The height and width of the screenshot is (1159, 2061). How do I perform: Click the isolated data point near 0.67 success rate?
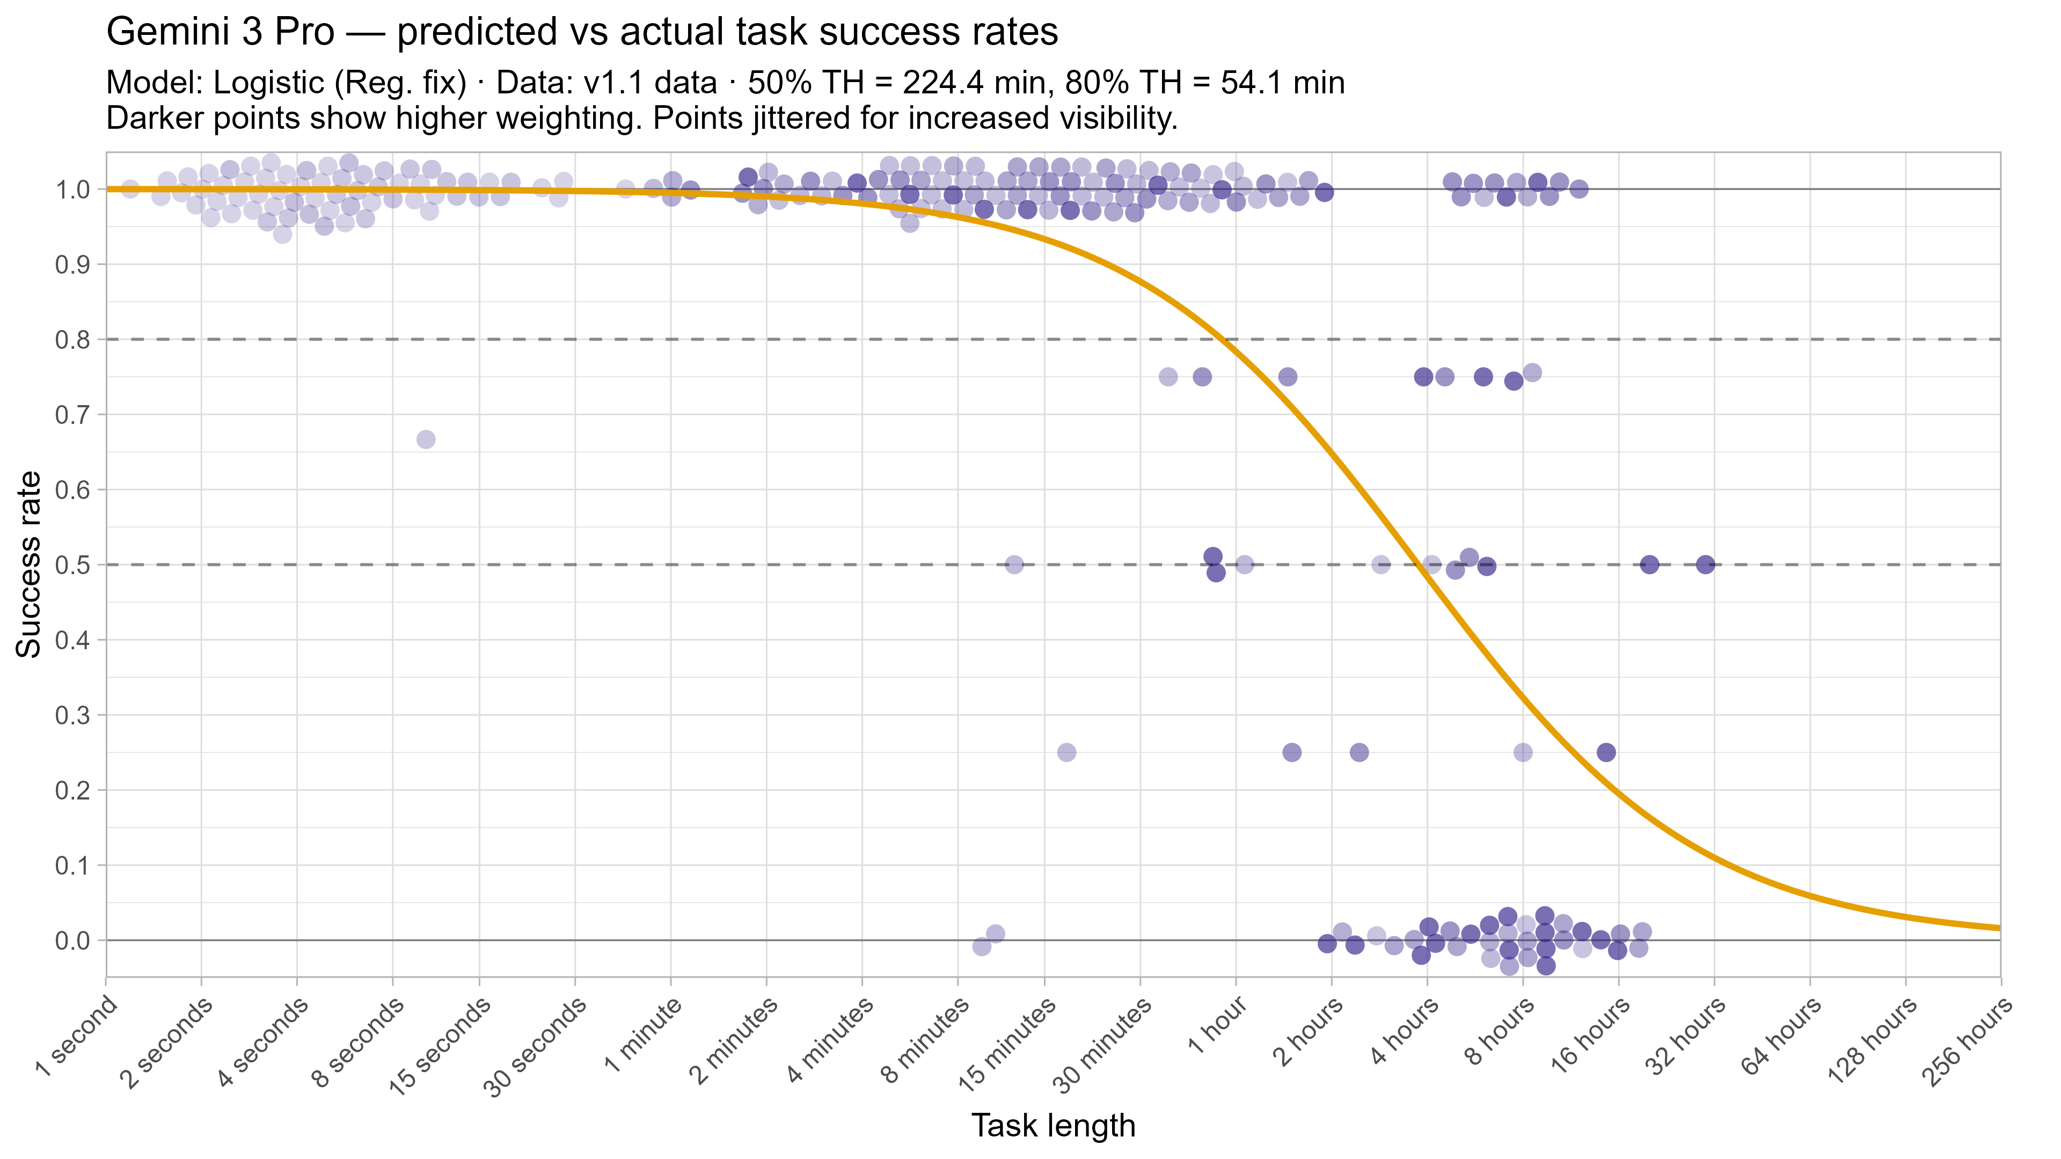[426, 439]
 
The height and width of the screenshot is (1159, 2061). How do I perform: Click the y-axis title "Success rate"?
[29, 564]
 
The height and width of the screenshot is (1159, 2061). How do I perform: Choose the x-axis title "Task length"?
[1053, 1125]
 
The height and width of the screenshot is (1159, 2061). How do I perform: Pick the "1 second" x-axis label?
[76, 1037]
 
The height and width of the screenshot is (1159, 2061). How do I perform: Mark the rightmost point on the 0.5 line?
[1705, 564]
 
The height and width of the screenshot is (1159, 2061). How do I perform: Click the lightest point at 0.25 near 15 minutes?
[1066, 752]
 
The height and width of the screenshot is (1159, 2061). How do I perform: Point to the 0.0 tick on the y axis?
[72, 941]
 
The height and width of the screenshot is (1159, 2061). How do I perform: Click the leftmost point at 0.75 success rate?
[1168, 377]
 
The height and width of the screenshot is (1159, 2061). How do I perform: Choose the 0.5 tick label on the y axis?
[72, 564]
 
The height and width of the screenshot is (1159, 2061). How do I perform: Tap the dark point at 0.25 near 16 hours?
[1606, 752]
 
